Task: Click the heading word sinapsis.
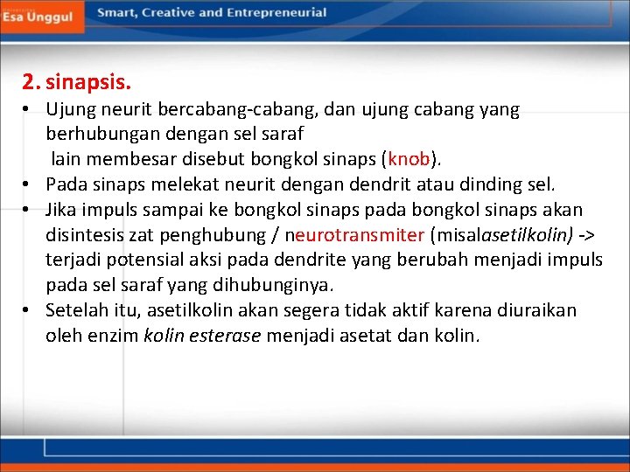point(88,84)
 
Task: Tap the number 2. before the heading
point(31,84)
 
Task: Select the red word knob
point(409,160)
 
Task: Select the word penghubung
point(225,235)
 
